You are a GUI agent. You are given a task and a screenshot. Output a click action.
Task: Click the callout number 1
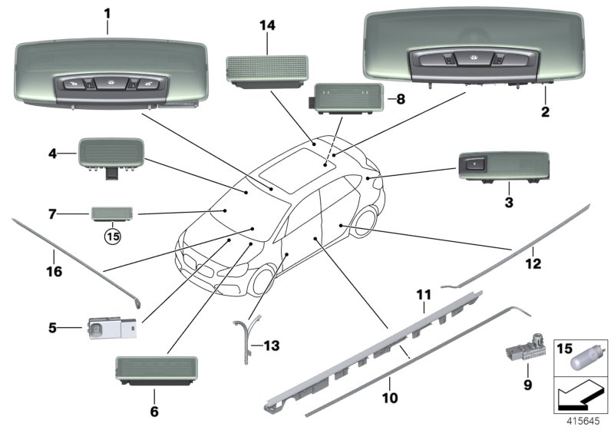click(107, 14)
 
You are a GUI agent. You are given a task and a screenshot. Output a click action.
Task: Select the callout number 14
click(266, 25)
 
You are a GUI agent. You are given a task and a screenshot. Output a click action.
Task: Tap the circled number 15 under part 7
click(114, 236)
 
